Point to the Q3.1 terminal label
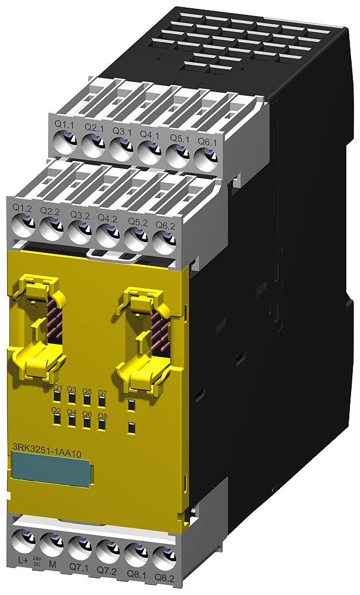pos(122,131)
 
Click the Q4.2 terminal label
pos(107,218)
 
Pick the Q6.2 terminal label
pos(165,225)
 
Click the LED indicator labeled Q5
pos(87,400)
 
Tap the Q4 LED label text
pos(71,412)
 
